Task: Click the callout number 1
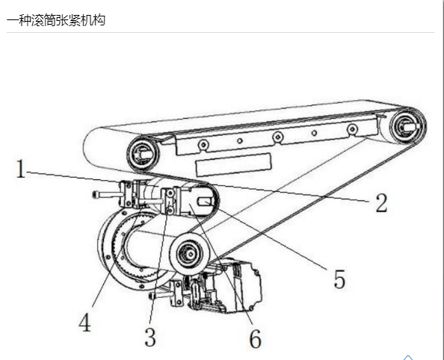click(x=20, y=169)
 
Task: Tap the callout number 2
click(x=381, y=202)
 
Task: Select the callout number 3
click(x=150, y=337)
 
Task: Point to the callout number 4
click(x=84, y=323)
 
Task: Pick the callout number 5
click(x=339, y=279)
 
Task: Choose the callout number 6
click(x=255, y=339)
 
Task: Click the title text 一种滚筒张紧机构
click(x=56, y=20)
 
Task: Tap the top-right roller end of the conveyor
click(x=407, y=126)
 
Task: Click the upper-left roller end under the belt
click(x=144, y=155)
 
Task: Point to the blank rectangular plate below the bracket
click(x=233, y=164)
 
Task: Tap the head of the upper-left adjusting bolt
click(x=95, y=194)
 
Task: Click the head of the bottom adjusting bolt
click(x=151, y=297)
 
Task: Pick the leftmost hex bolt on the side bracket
click(x=203, y=145)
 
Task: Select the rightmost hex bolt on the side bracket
click(x=352, y=130)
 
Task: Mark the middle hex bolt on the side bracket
click(x=278, y=137)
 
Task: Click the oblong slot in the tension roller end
click(x=205, y=202)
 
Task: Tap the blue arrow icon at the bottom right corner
click(x=408, y=358)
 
